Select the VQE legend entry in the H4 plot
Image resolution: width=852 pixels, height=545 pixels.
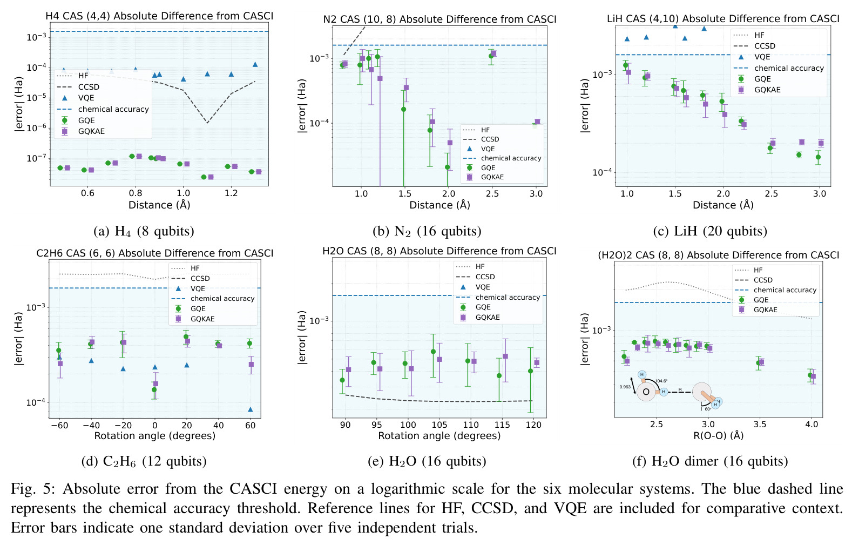pos(77,98)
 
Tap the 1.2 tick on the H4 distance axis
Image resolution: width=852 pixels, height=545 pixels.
pos(231,193)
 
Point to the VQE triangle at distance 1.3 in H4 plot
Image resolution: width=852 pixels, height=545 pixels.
pos(255,64)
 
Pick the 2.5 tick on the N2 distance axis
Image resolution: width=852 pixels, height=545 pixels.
pos(492,194)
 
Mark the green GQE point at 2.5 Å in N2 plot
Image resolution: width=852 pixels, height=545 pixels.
pos(491,56)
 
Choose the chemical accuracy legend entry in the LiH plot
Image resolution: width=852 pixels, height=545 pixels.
pos(782,68)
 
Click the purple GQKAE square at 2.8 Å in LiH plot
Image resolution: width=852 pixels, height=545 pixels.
pos(802,142)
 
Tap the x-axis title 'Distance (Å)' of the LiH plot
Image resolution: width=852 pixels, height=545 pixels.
pos(723,205)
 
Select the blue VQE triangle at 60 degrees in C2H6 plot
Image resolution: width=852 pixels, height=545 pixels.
pos(251,409)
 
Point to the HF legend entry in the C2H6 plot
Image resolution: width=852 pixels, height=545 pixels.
pos(186,268)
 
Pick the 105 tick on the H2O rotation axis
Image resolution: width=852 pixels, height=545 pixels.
pos(439,425)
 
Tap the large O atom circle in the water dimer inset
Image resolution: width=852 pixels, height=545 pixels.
pos(645,392)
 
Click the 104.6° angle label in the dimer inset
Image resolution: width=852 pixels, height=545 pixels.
pos(661,381)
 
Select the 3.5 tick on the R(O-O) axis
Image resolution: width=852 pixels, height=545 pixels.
pos(760,425)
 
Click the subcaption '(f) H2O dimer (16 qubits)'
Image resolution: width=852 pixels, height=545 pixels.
pos(710,461)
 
